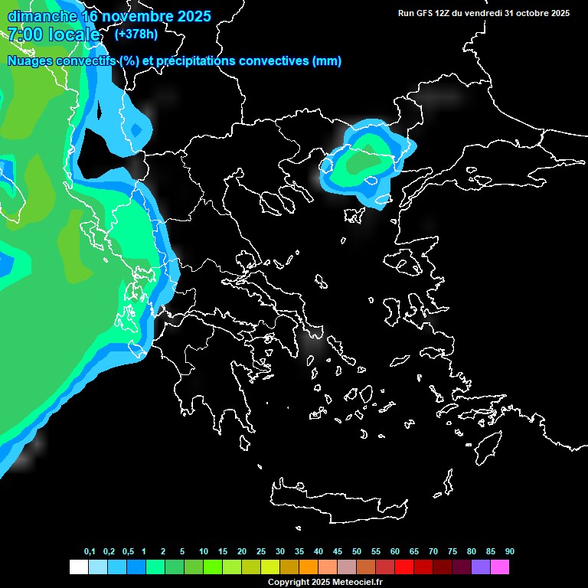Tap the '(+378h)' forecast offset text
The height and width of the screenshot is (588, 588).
pyautogui.click(x=136, y=34)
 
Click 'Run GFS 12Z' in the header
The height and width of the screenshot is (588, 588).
pyautogui.click(x=424, y=13)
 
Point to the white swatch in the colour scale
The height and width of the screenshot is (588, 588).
pyautogui.click(x=78, y=567)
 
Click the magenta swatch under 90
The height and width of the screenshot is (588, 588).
pyautogui.click(x=500, y=567)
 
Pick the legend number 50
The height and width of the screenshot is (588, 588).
pyautogui.click(x=357, y=551)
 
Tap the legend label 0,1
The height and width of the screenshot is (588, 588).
pyautogui.click(x=90, y=551)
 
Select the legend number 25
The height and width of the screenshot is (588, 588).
pyautogui.click(x=261, y=551)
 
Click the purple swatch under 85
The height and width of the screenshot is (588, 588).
pyautogui.click(x=481, y=567)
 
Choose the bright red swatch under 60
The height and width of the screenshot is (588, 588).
pyautogui.click(x=404, y=567)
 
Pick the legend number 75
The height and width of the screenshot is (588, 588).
pyautogui.click(x=452, y=551)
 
